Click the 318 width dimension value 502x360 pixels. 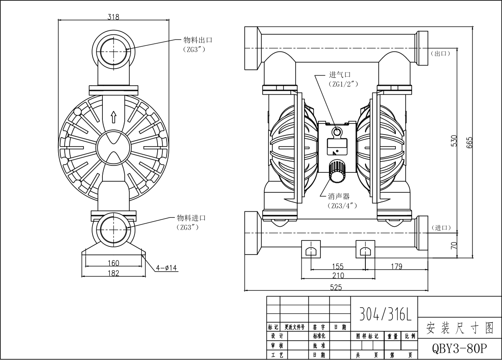tap(114, 17)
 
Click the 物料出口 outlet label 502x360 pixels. tap(198, 40)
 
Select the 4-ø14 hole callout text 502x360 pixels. tap(167, 268)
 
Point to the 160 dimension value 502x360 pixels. tap(113, 263)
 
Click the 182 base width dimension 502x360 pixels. tap(113, 273)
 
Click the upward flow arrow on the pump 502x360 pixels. tap(114, 116)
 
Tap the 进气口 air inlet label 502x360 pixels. tap(340, 75)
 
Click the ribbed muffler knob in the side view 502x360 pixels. tap(337, 172)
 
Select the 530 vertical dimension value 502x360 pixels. tap(454, 141)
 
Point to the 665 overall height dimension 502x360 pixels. tap(469, 142)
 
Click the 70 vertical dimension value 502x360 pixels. tap(454, 245)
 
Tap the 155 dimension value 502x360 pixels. tap(338, 267)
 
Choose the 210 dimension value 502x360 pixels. tap(338, 275)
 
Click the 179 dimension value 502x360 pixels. tap(397, 267)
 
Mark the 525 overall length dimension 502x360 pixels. tap(337, 288)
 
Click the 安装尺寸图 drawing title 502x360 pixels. tap(459, 328)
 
